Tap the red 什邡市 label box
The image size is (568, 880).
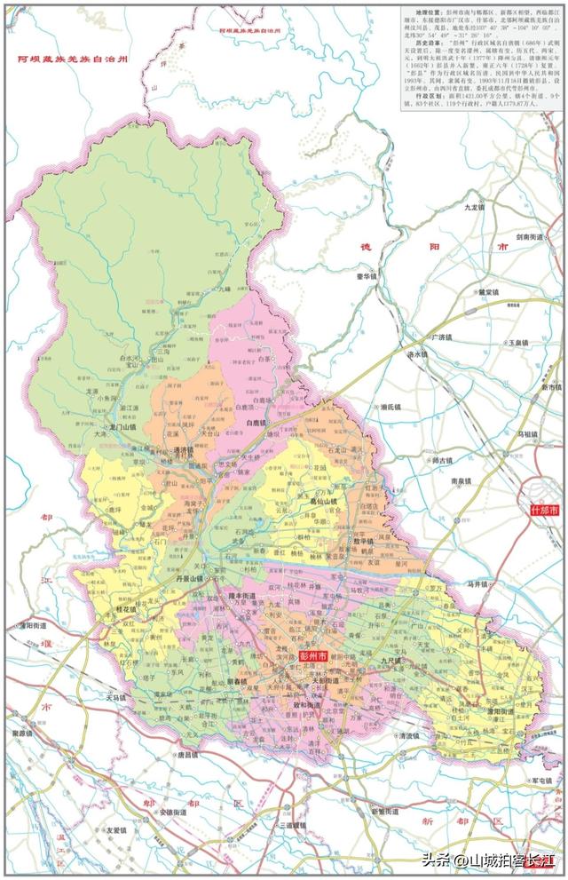[x=543, y=511]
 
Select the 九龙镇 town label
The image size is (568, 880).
[x=476, y=207]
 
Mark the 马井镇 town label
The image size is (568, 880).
[x=479, y=584]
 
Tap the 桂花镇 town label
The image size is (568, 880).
[x=130, y=611]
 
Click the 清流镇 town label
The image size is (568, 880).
[x=408, y=736]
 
